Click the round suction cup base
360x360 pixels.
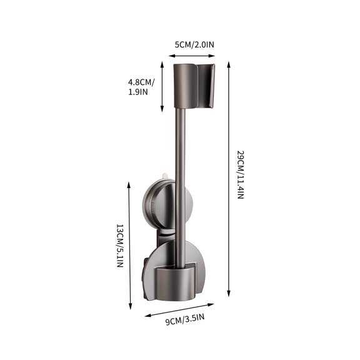tap(167, 206)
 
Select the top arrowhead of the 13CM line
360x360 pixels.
tap(129, 184)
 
